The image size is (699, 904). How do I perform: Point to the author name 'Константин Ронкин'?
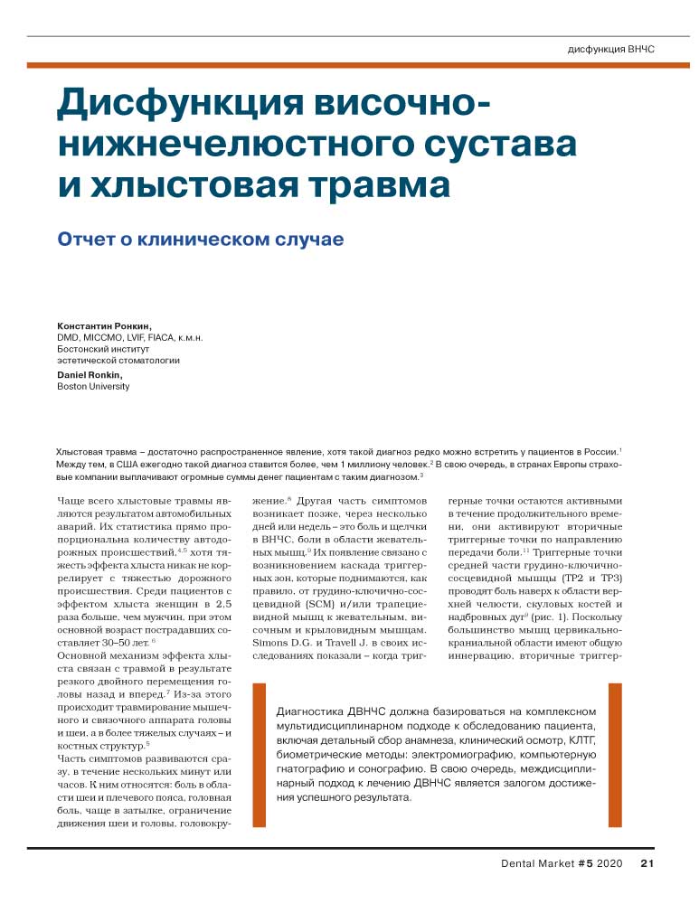pos(105,325)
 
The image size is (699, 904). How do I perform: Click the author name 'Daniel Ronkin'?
pos(90,374)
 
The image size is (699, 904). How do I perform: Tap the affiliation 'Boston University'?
pos(93,386)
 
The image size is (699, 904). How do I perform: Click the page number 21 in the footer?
pos(647,863)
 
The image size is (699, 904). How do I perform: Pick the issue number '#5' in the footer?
pos(584,863)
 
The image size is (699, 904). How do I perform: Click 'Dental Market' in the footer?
pos(537,863)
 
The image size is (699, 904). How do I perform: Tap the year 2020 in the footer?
pos(610,863)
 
